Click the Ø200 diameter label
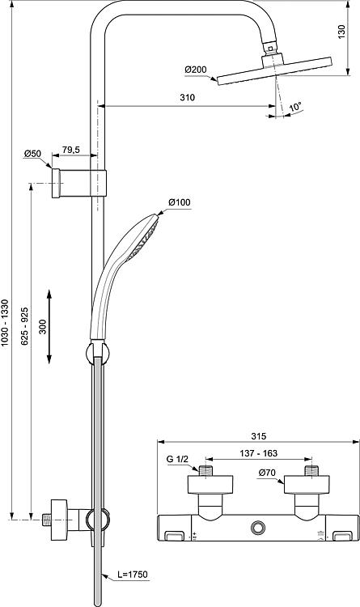196,70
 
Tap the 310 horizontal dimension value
188,98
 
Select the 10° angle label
295,106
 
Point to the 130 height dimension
341,32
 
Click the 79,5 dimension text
71,150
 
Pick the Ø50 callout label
32,154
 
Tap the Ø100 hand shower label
180,202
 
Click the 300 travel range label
43,326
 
